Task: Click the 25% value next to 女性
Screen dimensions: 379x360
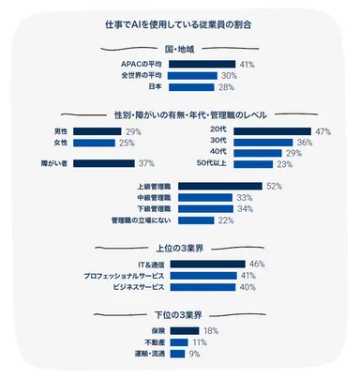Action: click(127, 143)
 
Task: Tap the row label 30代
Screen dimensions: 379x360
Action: click(217, 142)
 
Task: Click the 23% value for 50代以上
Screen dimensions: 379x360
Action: click(285, 164)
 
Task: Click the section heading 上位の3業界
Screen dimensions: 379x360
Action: click(180, 248)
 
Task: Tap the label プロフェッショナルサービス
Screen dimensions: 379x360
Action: click(122, 276)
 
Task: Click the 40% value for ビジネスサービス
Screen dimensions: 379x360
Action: click(248, 287)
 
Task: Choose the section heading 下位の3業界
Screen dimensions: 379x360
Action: click(180, 313)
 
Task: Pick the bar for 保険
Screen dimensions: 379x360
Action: click(184, 331)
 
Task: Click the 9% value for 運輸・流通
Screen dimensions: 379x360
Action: click(195, 354)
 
